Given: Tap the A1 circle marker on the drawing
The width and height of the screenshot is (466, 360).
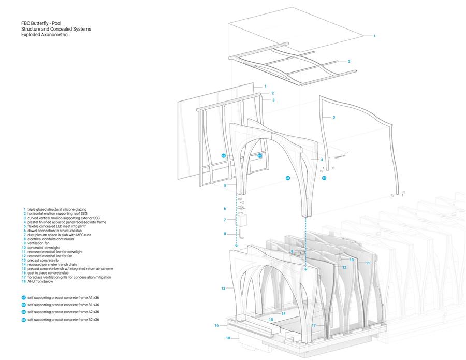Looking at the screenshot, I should click(x=224, y=155).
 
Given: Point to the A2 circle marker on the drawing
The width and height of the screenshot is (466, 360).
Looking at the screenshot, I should click(x=288, y=178).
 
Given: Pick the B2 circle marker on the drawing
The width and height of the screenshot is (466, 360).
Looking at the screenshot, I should click(x=324, y=178).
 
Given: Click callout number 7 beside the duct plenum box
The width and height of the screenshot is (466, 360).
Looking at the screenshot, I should click(x=225, y=220).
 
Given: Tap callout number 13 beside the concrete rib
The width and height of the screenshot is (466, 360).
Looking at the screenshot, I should click(x=224, y=288).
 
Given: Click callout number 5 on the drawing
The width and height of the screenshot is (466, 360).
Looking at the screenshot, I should click(x=225, y=185).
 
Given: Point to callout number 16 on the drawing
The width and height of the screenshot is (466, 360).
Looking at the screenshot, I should click(x=216, y=325).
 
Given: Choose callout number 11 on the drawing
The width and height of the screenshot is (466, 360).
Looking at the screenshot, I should click(x=368, y=263).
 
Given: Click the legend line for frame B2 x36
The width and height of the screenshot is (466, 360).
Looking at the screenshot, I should click(x=63, y=320).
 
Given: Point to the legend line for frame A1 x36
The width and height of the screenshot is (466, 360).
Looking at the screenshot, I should click(x=63, y=298).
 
